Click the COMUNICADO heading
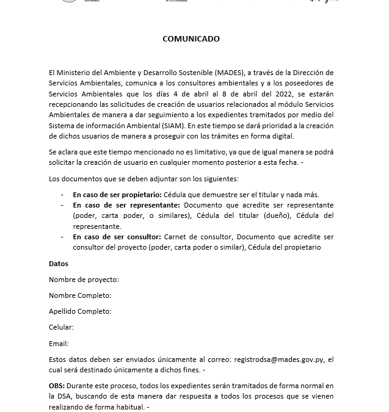(x=191, y=38)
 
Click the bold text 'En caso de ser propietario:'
(x=117, y=195)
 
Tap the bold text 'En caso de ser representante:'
(x=126, y=205)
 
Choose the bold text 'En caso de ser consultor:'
(x=117, y=237)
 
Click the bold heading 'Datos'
(x=59, y=264)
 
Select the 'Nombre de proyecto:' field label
(x=84, y=280)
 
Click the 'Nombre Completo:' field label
(x=80, y=295)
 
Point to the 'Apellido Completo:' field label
(x=80, y=311)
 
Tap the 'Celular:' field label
(x=61, y=327)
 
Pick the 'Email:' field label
(x=59, y=344)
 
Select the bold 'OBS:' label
(x=57, y=386)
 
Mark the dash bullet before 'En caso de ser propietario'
(x=62, y=195)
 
